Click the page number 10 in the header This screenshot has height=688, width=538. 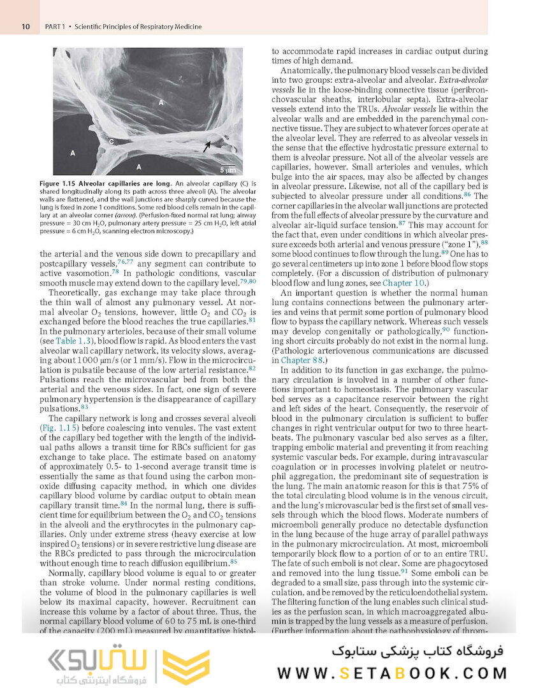pyautogui.click(x=25, y=27)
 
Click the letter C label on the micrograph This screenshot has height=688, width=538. pyautogui.click(x=111, y=141)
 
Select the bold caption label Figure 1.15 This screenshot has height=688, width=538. pyautogui.click(x=73, y=183)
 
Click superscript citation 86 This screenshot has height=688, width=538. pyautogui.click(x=467, y=193)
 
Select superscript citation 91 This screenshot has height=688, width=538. pyautogui.click(x=405, y=570)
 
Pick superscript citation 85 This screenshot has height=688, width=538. pyautogui.click(x=234, y=561)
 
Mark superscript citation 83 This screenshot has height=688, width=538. pyautogui.click(x=85, y=406)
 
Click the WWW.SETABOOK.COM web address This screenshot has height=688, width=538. pyautogui.click(x=392, y=673)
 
